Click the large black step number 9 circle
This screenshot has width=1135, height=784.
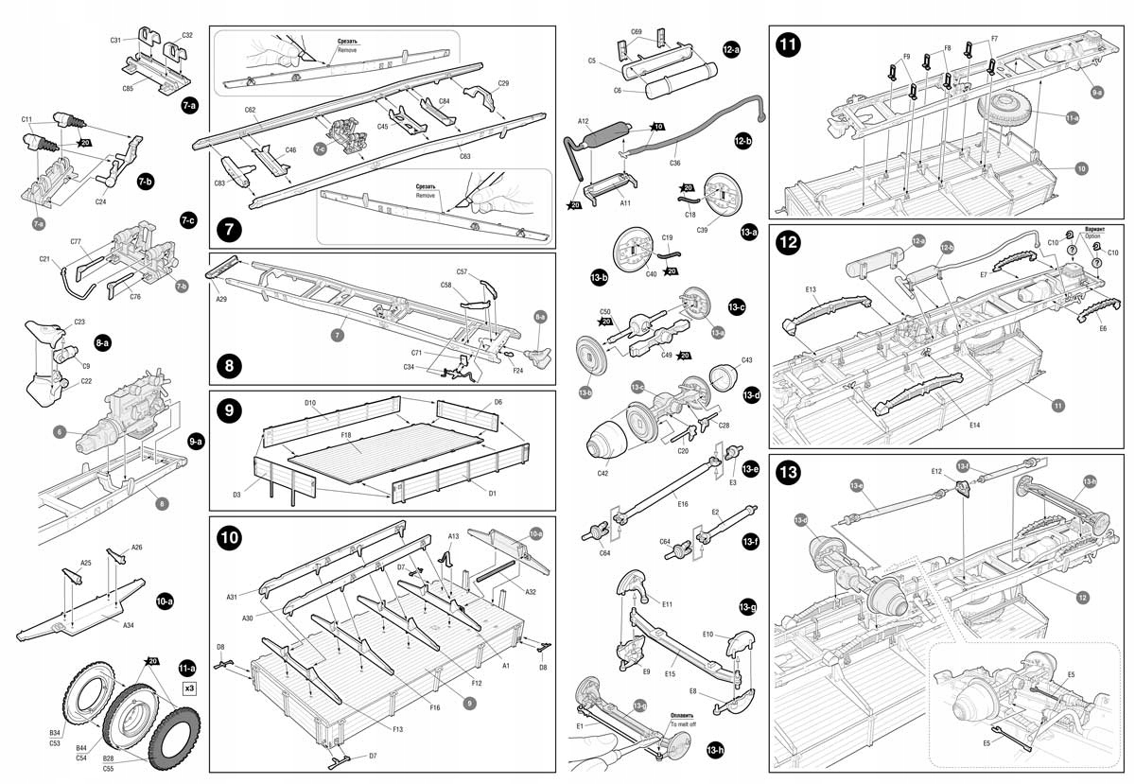click(x=230, y=410)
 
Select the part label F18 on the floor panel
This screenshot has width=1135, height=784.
click(x=347, y=437)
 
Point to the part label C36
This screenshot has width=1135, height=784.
click(x=674, y=163)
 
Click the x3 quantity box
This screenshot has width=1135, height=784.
click(x=189, y=688)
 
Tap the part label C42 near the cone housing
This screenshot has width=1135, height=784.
click(x=602, y=472)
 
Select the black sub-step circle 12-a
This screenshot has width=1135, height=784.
click(x=731, y=48)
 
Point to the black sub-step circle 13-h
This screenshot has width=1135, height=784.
click(x=715, y=749)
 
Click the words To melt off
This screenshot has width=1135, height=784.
click(x=682, y=723)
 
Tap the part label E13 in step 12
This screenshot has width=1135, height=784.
click(x=812, y=289)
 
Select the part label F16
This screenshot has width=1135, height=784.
click(x=434, y=706)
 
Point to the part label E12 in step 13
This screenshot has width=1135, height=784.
click(x=936, y=471)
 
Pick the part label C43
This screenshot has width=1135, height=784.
click(x=746, y=360)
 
